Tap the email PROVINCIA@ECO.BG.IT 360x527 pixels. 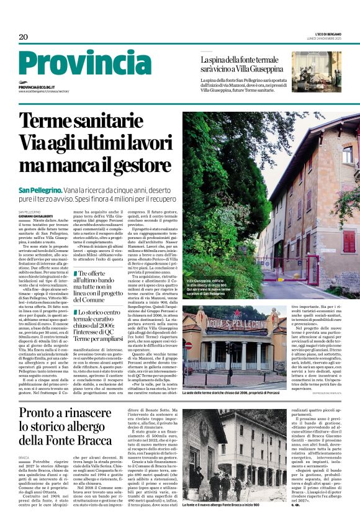coord(37,88)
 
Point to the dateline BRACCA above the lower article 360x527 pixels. coord(24,457)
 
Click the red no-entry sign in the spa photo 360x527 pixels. coord(189,345)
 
